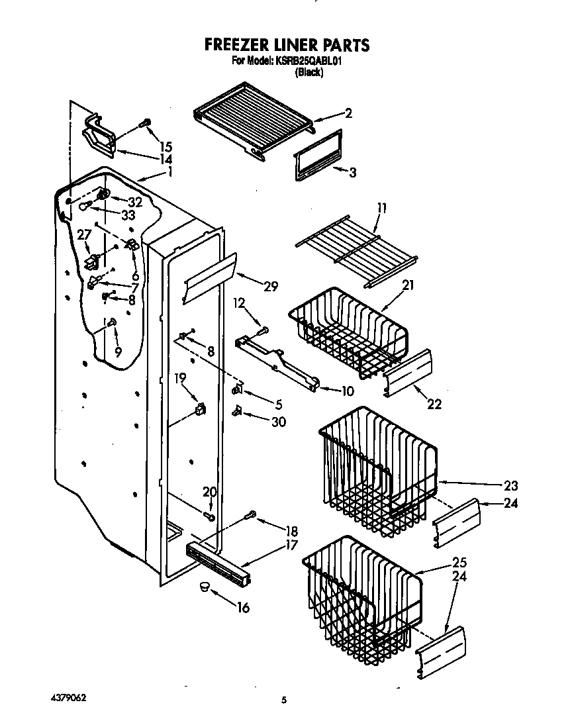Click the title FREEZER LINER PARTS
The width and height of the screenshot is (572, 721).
pyautogui.click(x=286, y=45)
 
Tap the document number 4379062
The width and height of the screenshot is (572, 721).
pyautogui.click(x=68, y=698)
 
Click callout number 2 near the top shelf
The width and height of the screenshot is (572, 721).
pyautogui.click(x=348, y=113)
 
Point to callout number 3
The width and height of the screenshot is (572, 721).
pyautogui.click(x=353, y=173)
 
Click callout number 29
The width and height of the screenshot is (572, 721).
pyautogui.click(x=270, y=286)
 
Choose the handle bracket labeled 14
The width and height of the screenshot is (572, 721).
pyautogui.click(x=99, y=136)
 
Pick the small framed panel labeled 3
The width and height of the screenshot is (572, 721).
pyautogui.click(x=315, y=164)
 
